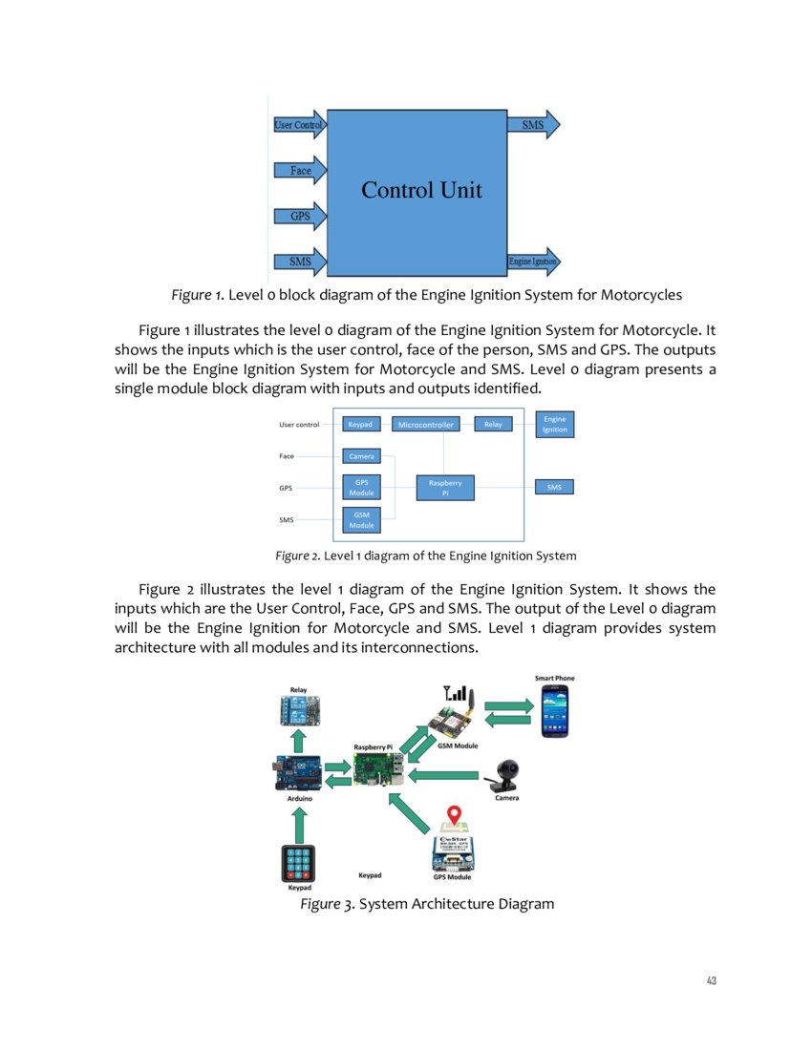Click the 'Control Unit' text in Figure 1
[421, 190]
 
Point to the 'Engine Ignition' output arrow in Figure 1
[533, 261]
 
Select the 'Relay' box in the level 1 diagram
[493, 424]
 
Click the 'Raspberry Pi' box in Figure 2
[445, 488]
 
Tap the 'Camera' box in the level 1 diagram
[361, 456]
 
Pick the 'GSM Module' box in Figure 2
[361, 520]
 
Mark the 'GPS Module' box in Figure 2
[361, 488]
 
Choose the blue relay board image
[298, 710]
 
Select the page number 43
[710, 980]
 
